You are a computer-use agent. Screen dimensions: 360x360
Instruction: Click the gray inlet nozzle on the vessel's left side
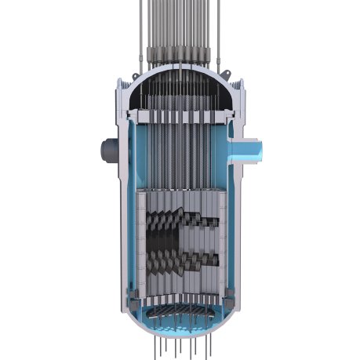point(104,148)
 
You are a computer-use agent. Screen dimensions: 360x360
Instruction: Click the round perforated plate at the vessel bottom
point(180,309)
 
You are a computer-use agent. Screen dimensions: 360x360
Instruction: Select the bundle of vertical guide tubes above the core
point(180,149)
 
